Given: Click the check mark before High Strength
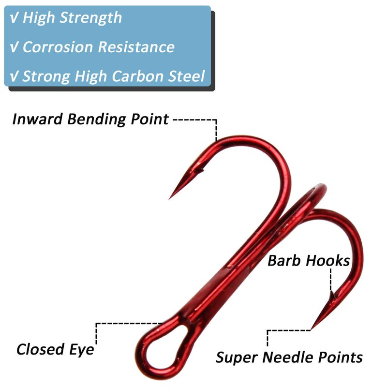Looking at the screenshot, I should click(14, 18).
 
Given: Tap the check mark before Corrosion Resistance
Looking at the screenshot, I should click(14, 47).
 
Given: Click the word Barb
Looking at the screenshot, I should click(283, 261).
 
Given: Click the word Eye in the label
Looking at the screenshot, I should click(82, 349).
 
